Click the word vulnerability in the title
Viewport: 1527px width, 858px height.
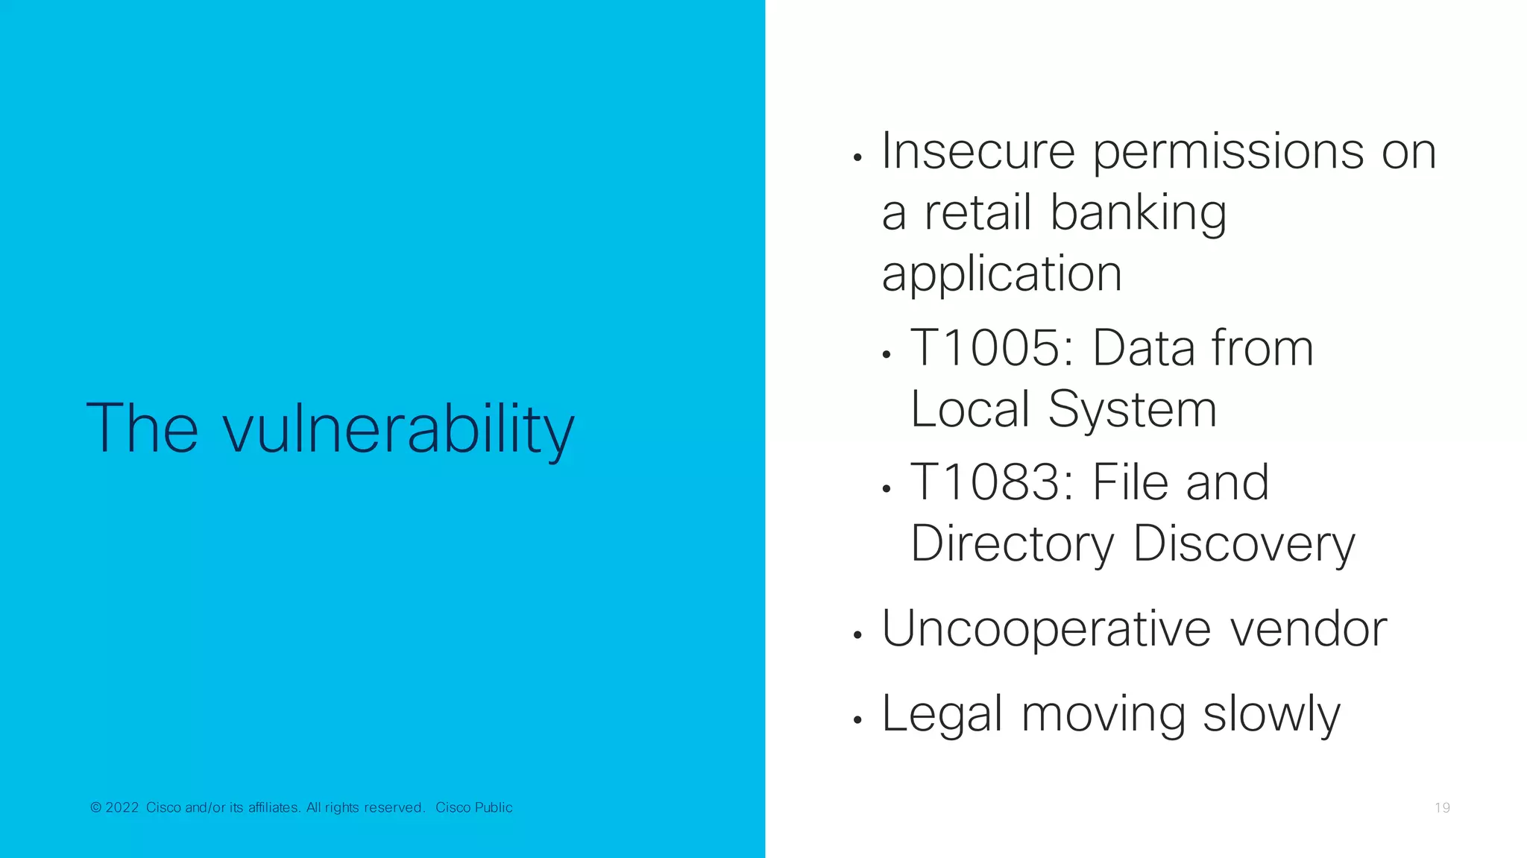[x=399, y=429]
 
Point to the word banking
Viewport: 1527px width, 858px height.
[x=1138, y=215]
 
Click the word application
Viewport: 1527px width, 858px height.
[x=1001, y=276]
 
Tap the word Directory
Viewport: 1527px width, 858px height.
[x=1012, y=545]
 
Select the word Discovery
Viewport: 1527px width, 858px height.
[x=1244, y=545]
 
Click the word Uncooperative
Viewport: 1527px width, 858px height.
[x=1046, y=630]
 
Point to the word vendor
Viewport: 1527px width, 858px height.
[x=1308, y=629]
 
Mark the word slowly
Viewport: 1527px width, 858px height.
[x=1271, y=715]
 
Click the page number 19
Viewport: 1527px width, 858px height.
[x=1442, y=808]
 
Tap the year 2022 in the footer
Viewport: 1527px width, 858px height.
[x=122, y=807]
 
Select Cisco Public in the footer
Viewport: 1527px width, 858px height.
[x=474, y=807]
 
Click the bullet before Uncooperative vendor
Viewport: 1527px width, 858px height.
[x=858, y=635]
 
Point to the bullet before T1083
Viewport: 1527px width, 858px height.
[x=887, y=489]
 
